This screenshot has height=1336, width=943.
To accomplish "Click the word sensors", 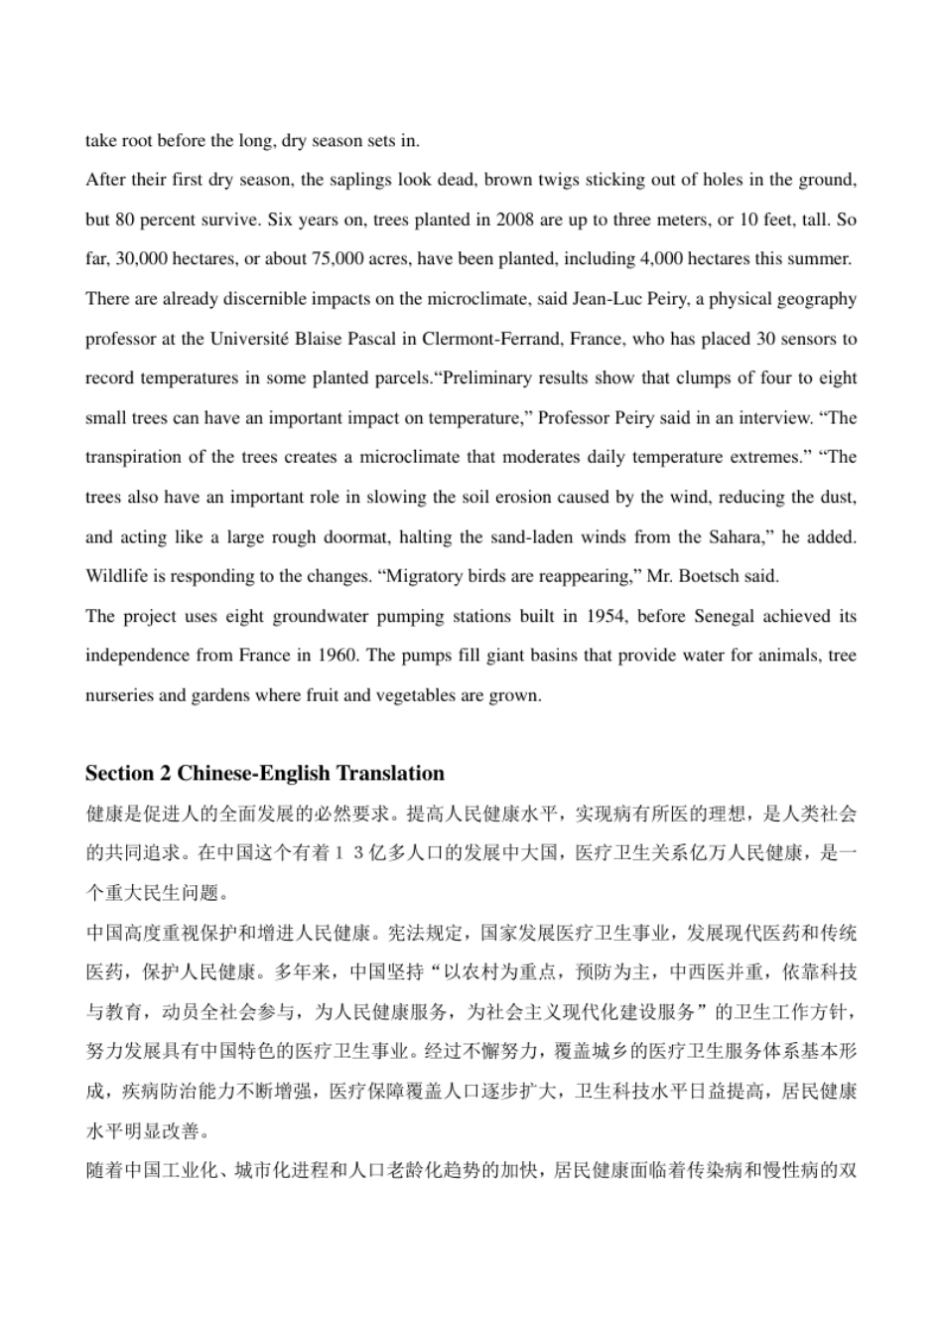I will pos(811,339).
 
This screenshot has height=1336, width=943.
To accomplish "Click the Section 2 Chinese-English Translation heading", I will pos(265,774).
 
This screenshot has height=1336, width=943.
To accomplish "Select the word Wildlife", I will pos(115,576).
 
